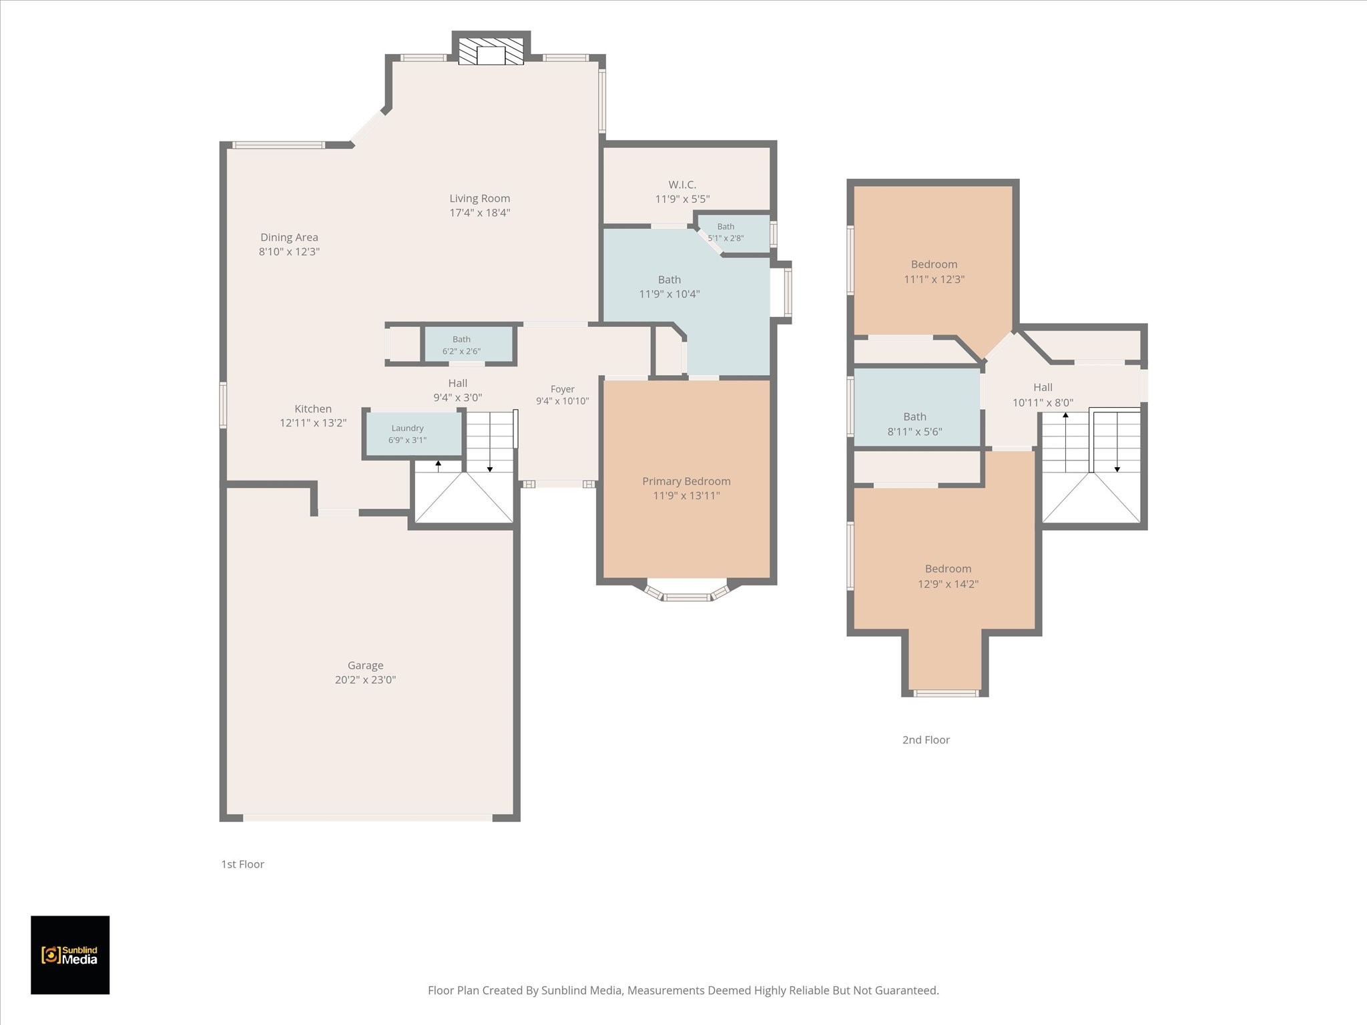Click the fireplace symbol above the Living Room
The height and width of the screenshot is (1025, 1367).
(491, 51)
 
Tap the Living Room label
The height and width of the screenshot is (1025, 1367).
(479, 198)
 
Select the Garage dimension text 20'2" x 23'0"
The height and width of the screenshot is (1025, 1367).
(365, 680)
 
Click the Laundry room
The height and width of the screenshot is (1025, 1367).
(414, 434)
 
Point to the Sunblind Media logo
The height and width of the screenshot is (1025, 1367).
(70, 955)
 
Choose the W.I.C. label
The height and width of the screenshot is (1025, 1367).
(682, 184)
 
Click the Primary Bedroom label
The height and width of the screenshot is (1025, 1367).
(686, 481)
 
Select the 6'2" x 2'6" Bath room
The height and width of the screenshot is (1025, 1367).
(468, 344)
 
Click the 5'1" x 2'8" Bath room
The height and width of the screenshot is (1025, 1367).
(733, 234)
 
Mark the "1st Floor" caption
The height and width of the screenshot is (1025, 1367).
(243, 864)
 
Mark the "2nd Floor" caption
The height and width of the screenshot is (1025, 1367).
(926, 739)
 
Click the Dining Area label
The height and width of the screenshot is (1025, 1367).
(289, 237)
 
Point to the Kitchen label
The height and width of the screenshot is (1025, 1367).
(313, 408)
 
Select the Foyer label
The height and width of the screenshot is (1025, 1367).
(563, 389)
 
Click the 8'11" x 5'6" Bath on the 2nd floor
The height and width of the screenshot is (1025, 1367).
(916, 407)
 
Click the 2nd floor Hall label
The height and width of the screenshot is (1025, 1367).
(1043, 387)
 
